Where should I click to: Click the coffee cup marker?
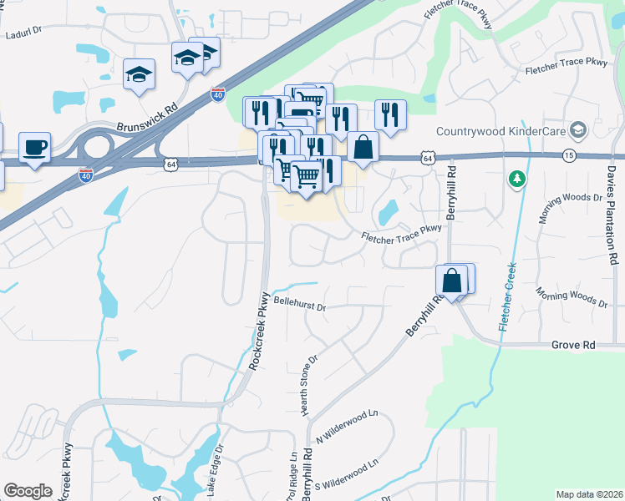click(x=34, y=147)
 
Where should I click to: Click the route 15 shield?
click(x=569, y=156)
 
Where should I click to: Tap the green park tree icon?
click(x=518, y=179)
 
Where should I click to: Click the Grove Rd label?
click(x=572, y=344)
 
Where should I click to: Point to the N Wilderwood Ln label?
click(x=347, y=427)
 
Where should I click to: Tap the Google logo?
click(x=28, y=491)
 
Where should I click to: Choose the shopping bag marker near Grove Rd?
click(x=452, y=282)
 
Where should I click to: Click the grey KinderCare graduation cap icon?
click(x=577, y=131)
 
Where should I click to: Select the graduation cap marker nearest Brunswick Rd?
click(x=139, y=76)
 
